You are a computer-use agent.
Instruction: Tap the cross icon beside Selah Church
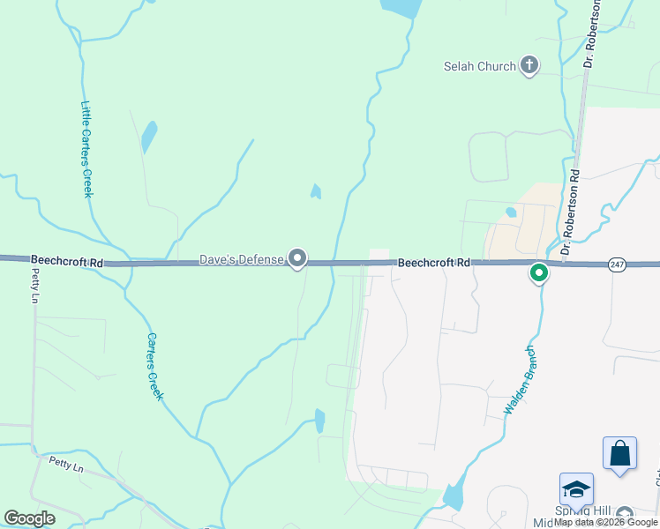(x=529, y=64)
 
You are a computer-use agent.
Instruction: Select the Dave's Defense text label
(x=241, y=259)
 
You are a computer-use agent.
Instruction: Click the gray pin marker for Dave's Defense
(x=298, y=258)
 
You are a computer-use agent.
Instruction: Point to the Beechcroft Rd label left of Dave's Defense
(x=67, y=261)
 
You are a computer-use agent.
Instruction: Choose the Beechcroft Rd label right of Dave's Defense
(x=433, y=263)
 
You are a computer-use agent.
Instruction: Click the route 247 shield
(x=617, y=264)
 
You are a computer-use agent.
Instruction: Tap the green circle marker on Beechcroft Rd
(x=539, y=273)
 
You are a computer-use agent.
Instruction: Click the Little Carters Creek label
(x=86, y=149)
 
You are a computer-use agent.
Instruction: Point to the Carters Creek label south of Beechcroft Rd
(x=155, y=366)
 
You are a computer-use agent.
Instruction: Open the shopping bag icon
(x=619, y=453)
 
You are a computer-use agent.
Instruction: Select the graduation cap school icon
(x=576, y=489)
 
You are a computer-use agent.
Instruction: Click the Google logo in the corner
(x=29, y=518)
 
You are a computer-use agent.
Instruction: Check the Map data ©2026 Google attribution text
(x=605, y=522)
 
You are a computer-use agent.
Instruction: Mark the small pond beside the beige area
(x=510, y=212)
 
